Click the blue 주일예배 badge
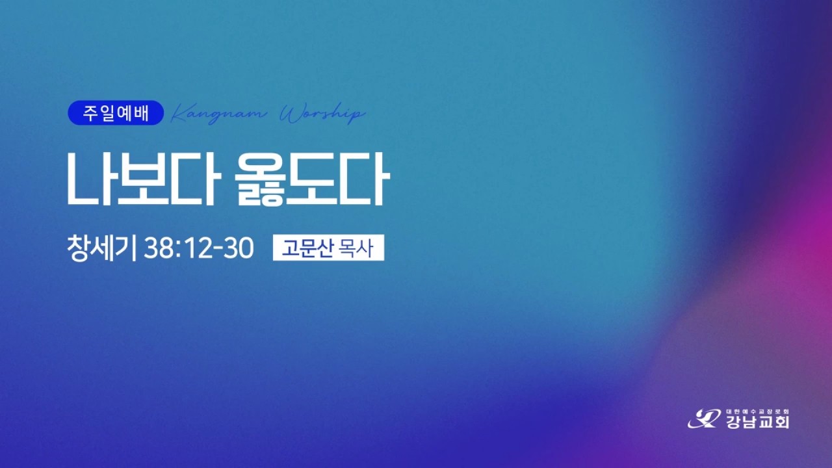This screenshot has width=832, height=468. (x=116, y=114)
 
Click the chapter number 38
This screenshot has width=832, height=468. (x=159, y=248)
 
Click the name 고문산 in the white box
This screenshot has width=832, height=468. (x=304, y=248)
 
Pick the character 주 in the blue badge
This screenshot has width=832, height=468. (x=90, y=114)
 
